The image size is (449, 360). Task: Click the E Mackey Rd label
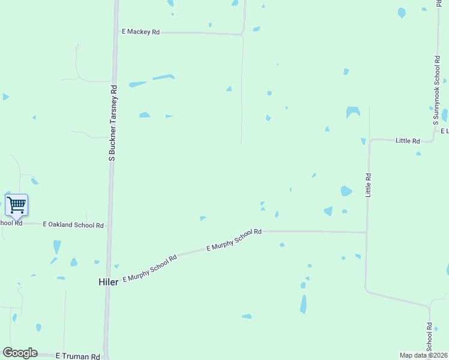tap(140, 32)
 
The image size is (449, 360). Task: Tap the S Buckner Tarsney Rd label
tap(112, 122)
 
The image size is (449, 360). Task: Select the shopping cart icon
tap(16, 205)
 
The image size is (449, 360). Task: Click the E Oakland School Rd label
tap(73, 225)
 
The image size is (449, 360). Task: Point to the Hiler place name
tap(108, 281)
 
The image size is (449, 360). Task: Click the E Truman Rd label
tap(77, 356)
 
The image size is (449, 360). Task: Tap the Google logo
tap(20, 353)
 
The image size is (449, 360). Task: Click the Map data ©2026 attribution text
tap(424, 355)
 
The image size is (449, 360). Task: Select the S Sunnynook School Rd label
tap(436, 91)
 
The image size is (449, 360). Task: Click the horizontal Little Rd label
tap(408, 140)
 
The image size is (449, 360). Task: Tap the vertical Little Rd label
tap(369, 185)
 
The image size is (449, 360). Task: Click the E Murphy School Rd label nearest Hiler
tap(149, 268)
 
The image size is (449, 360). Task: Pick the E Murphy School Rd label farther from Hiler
tap(234, 239)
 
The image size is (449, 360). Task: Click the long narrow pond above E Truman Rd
tap(303, 304)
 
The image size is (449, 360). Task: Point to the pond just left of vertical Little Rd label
tap(346, 191)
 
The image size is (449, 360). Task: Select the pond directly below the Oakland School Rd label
tap(57, 247)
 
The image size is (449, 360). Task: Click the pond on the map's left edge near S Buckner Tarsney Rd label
tap(5, 96)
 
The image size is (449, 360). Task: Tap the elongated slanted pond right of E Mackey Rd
tap(163, 77)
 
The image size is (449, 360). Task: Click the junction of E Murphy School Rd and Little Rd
tap(367, 232)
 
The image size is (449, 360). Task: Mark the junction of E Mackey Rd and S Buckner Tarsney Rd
tap(115, 32)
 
